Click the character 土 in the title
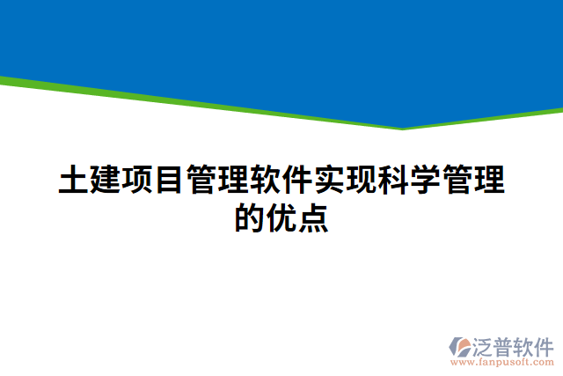coord(74,180)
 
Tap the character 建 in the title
coord(106,180)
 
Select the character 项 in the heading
coord(138,180)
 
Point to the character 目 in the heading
coord(170,180)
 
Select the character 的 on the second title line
coord(250,217)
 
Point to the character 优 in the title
coord(281,217)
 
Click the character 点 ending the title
coord(313,217)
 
